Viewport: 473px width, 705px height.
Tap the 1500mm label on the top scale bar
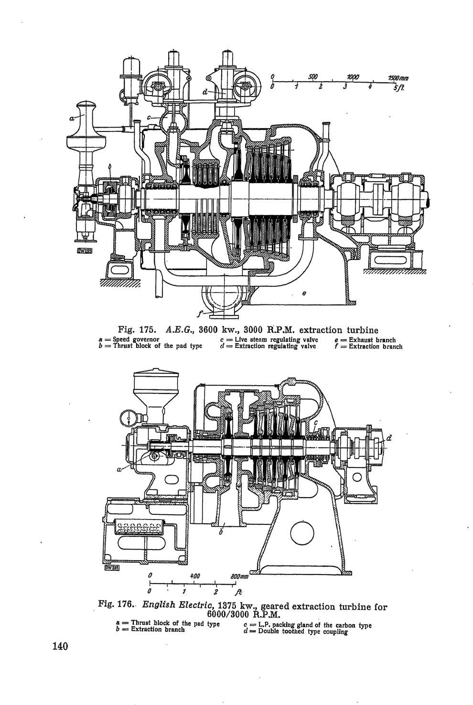[x=398, y=78]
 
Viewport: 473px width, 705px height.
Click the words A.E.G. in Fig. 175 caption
[x=178, y=330]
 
